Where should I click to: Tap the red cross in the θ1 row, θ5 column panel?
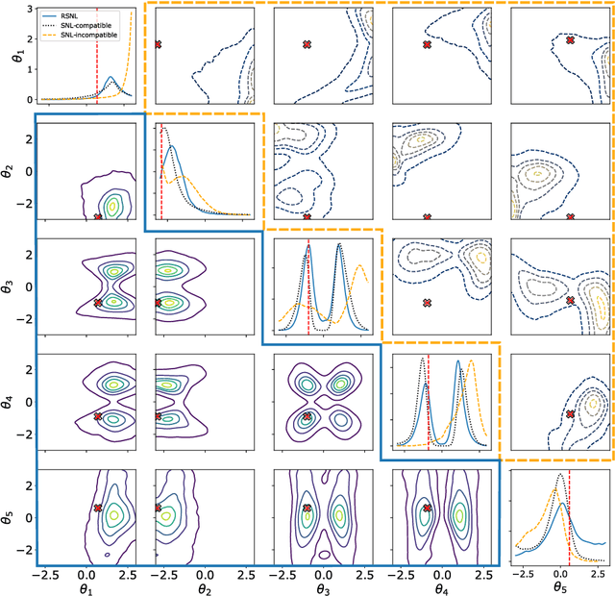click(x=571, y=40)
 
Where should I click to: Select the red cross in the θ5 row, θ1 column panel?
click(x=98, y=508)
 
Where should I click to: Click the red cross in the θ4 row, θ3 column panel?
click(x=307, y=416)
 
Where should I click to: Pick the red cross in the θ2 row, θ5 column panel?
click(x=571, y=216)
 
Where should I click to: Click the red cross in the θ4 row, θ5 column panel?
click(x=571, y=413)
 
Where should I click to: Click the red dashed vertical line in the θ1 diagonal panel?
click(x=97, y=58)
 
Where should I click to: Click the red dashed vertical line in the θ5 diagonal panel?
click(x=570, y=519)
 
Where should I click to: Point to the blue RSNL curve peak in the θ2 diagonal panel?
click(x=172, y=147)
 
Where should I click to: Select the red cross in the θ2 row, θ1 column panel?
click(x=97, y=217)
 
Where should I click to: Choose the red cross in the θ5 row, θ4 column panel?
click(x=427, y=508)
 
